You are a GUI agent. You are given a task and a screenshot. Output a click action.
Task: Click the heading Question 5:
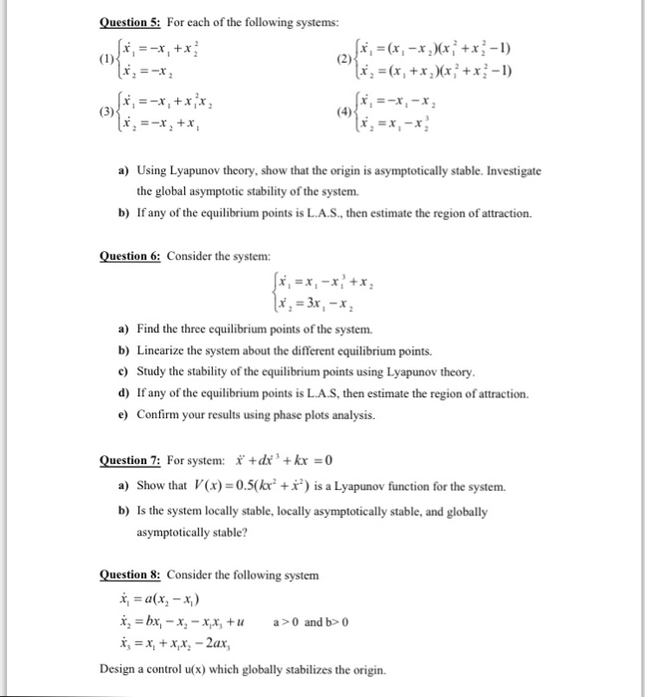pyautogui.click(x=131, y=22)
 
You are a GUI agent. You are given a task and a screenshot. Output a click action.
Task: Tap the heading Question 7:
pyautogui.click(x=131, y=460)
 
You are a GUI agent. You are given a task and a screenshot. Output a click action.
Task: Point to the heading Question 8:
pyautogui.click(x=131, y=575)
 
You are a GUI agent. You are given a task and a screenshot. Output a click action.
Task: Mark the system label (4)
pyautogui.click(x=343, y=111)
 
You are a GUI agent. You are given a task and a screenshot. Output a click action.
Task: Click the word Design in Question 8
pyautogui.click(x=118, y=668)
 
